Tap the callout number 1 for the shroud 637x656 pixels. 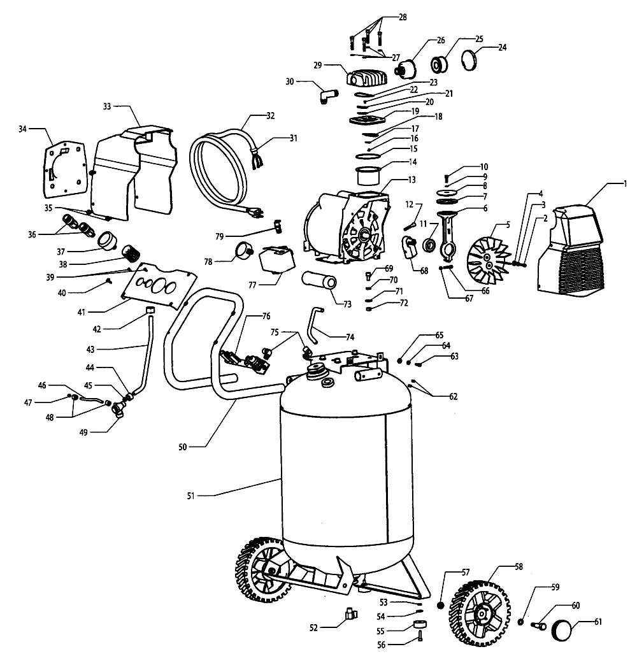(626, 184)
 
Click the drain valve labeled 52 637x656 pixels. (350, 615)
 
